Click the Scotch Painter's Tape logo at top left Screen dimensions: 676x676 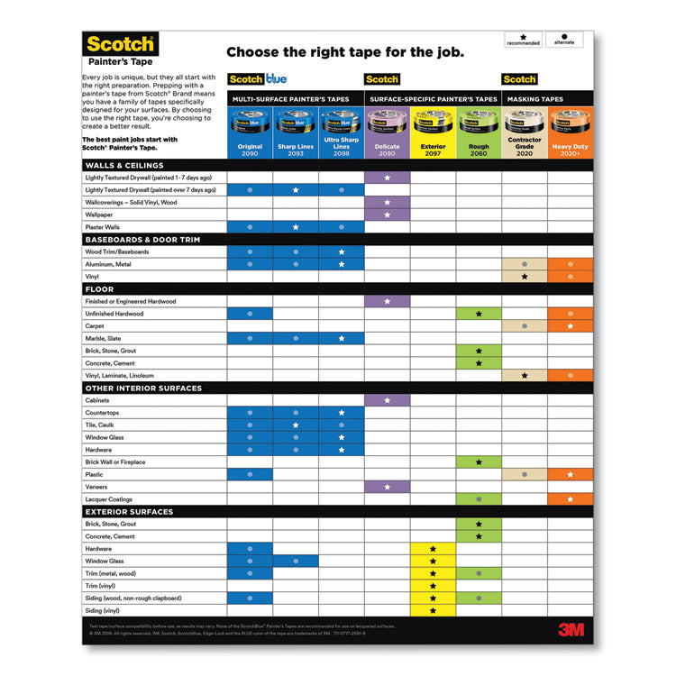pos(120,50)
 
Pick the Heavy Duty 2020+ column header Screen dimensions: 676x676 pos(570,147)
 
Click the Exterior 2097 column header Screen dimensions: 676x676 pos(433,147)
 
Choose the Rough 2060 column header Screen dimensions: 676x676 pos(479,147)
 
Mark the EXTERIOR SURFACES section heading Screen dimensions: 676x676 pos(128,512)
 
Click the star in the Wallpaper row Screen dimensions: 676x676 pos(387,215)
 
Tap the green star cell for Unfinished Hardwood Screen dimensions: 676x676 pos(479,314)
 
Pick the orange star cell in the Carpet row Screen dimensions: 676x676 pos(570,326)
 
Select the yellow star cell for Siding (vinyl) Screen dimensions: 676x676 pos(433,610)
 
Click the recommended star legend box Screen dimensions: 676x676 pos(523,39)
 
